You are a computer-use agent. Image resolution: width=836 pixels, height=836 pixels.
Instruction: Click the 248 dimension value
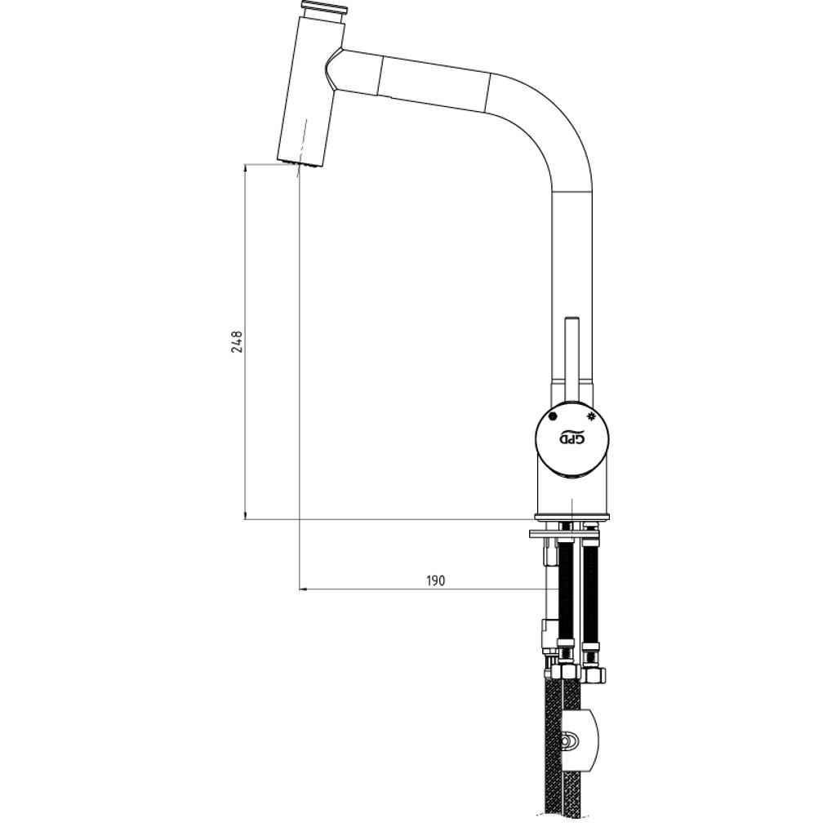[x=237, y=342]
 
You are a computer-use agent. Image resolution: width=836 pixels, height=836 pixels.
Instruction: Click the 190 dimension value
[x=436, y=580]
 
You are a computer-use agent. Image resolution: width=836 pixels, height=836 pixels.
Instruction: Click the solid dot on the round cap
[x=553, y=417]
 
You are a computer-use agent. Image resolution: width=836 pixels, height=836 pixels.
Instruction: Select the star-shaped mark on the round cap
[x=589, y=417]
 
